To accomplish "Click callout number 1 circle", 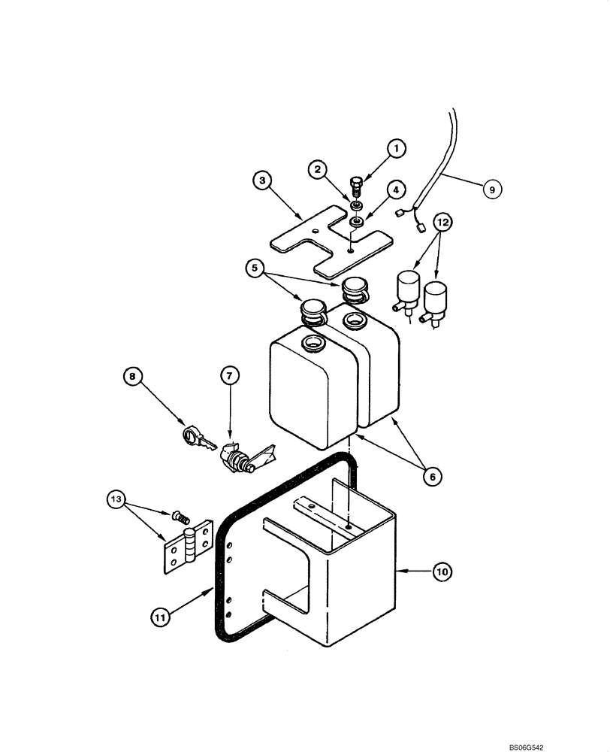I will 397,149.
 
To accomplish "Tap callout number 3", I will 262,180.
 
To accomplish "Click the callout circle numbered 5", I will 256,267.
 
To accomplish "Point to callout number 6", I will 433,476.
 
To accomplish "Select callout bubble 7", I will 230,374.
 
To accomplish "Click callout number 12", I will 444,222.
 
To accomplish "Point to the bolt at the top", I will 358,183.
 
